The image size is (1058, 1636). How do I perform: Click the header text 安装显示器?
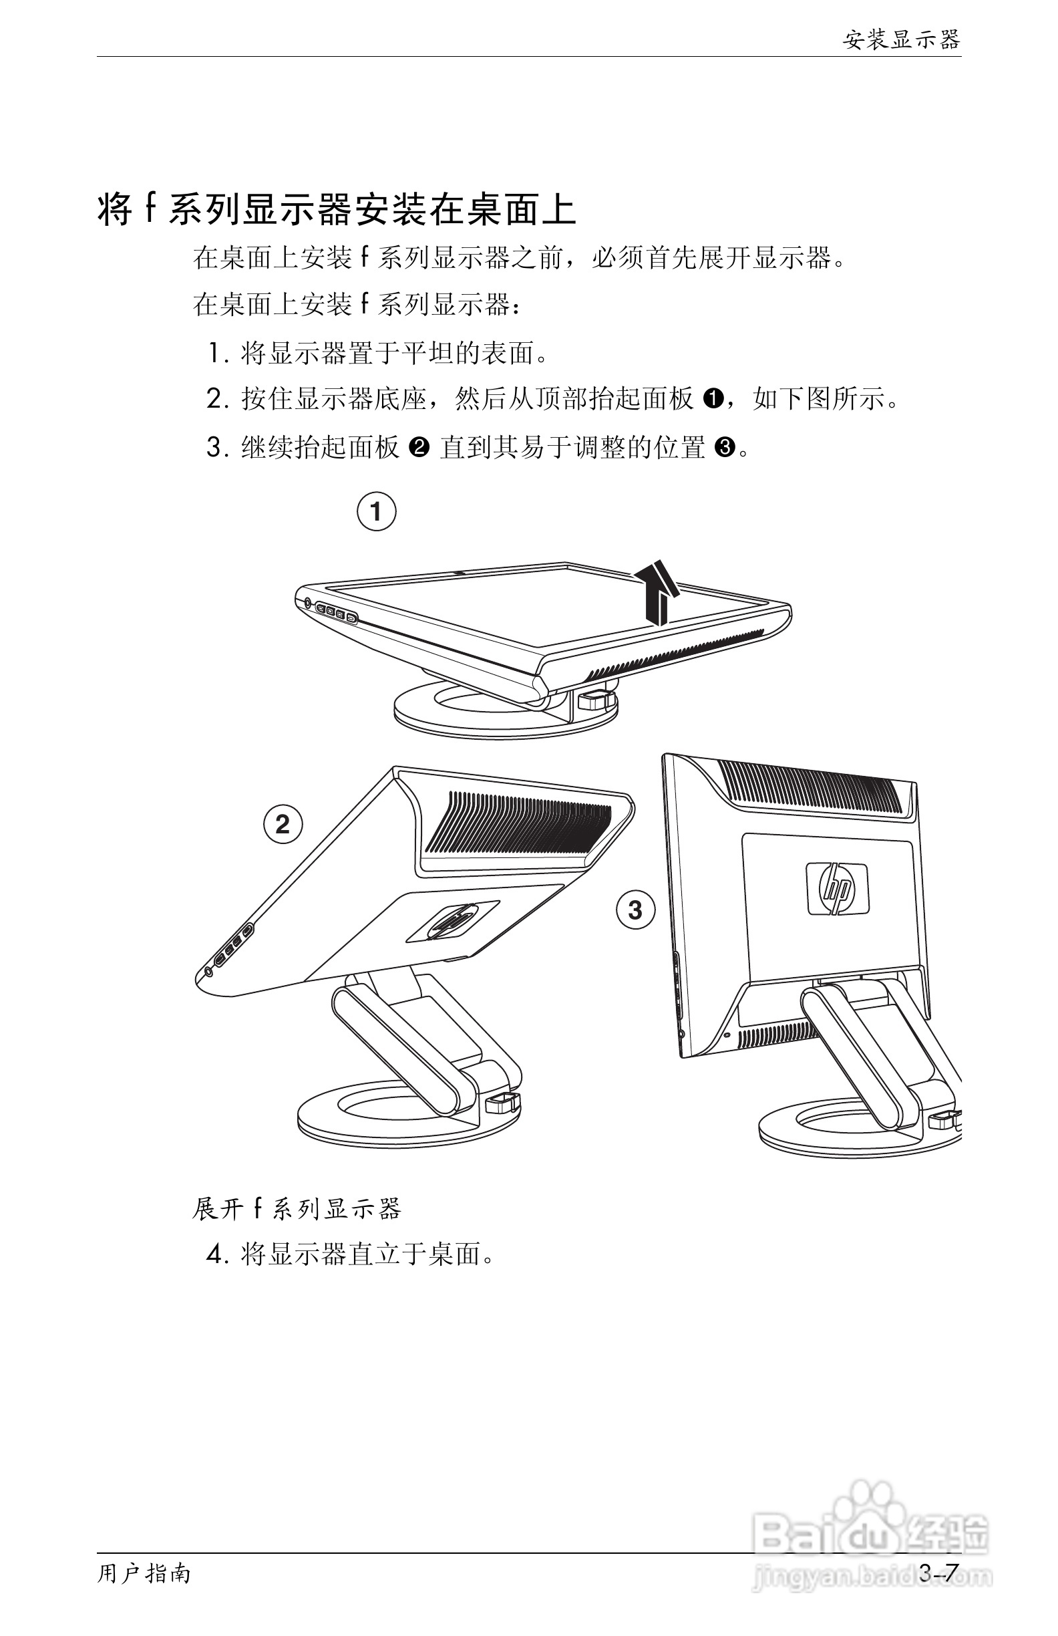(x=900, y=40)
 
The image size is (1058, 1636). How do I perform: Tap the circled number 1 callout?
(x=377, y=511)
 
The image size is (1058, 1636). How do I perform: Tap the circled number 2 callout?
(x=283, y=824)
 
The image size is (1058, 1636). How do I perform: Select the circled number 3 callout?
(x=635, y=910)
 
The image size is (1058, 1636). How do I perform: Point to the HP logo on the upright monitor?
(x=837, y=889)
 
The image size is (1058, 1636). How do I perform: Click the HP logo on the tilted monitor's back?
(x=451, y=920)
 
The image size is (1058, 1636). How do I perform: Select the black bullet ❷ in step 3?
(x=418, y=448)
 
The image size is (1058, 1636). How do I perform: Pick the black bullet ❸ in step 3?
(x=725, y=448)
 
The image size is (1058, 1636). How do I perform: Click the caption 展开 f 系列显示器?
(x=296, y=1208)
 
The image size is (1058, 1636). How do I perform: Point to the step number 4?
(x=216, y=1254)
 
